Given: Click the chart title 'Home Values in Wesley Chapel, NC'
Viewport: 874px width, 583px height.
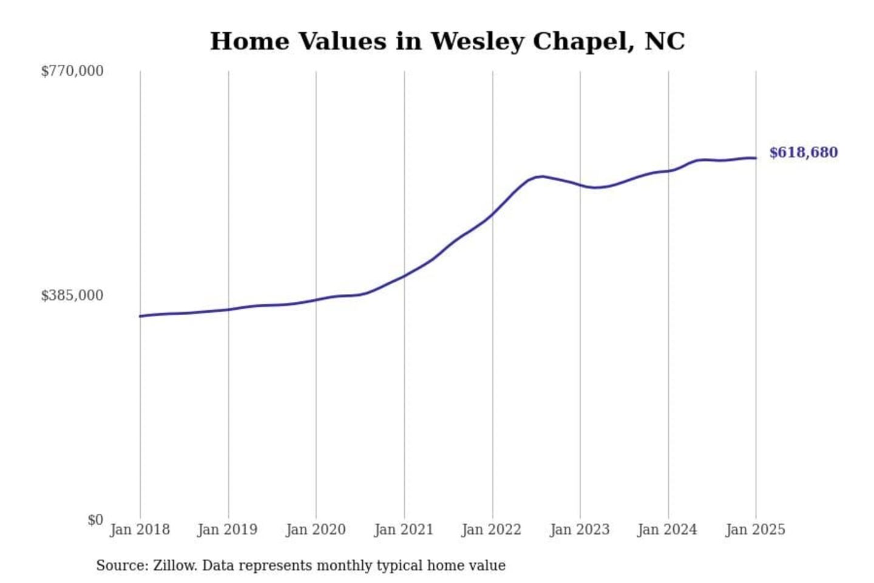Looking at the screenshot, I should point(447,41).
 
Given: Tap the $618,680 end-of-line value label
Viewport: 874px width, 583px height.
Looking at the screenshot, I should point(803,152).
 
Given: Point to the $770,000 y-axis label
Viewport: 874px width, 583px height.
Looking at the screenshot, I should point(72,71).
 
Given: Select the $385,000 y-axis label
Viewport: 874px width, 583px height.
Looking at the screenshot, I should point(72,296).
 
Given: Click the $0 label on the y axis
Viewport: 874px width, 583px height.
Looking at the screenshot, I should point(95,520).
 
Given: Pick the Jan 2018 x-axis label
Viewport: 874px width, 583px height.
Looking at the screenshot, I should point(140,530).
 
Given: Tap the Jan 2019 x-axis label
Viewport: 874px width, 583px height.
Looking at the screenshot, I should point(228,530).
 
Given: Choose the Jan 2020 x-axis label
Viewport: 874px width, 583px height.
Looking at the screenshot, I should point(316,530).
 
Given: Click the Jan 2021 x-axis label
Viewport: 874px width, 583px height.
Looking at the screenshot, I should point(404,530).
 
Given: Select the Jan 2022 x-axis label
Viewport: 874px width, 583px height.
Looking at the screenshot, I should point(492,530).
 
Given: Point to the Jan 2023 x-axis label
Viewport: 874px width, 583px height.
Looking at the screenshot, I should point(580,530).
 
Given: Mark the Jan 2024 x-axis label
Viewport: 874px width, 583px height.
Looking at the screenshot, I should point(668,530).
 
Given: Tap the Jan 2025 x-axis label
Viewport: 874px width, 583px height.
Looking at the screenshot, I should point(756,530).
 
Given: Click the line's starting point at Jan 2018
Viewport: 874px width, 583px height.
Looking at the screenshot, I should point(140,316).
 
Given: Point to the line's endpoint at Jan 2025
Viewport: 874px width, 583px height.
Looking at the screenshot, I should point(756,159).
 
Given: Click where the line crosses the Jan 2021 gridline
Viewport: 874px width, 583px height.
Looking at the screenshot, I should point(404,276).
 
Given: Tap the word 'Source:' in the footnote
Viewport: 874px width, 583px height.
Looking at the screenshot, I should point(122,566).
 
